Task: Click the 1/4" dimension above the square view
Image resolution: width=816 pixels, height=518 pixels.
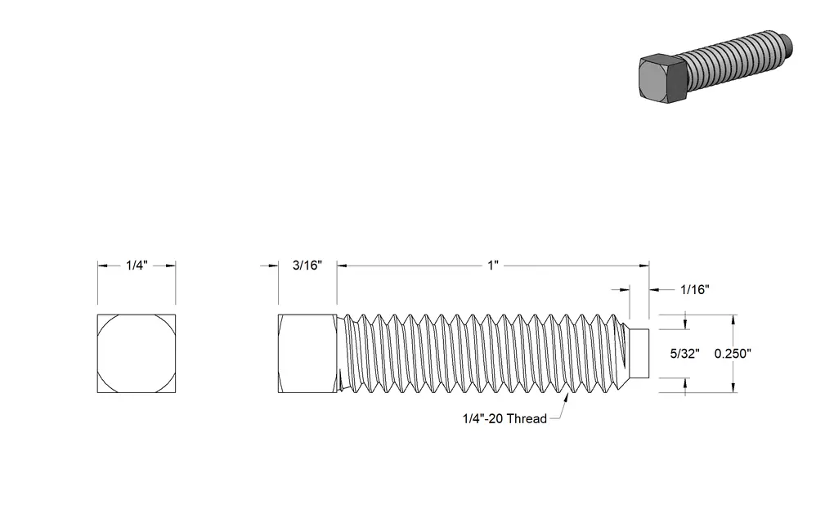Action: tap(137, 266)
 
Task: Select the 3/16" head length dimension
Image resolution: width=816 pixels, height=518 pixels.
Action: tap(307, 266)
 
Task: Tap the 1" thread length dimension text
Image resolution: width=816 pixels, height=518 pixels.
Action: tap(493, 266)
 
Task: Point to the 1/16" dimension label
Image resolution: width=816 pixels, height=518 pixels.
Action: tap(695, 289)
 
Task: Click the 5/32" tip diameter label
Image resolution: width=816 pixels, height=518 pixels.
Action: tap(684, 354)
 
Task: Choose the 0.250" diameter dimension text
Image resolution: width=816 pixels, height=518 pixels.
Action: tap(733, 354)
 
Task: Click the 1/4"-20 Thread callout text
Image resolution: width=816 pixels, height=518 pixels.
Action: tap(504, 418)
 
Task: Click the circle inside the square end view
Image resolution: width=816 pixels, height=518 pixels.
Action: tap(137, 315)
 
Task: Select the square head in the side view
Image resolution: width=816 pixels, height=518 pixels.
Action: tap(307, 353)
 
